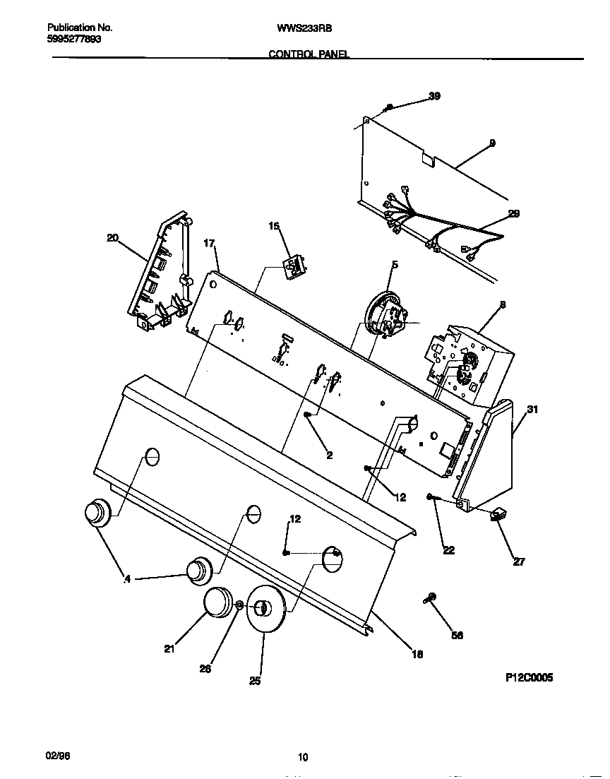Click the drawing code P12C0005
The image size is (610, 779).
(x=529, y=677)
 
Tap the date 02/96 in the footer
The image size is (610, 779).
(x=58, y=756)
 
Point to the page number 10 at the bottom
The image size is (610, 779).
(x=302, y=758)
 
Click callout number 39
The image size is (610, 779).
(x=434, y=96)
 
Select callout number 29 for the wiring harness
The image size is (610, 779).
(x=513, y=214)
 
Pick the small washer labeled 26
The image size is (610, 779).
(x=239, y=606)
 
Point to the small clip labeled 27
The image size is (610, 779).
(x=498, y=517)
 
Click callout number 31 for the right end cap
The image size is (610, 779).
(x=532, y=409)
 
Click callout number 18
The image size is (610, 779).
(x=417, y=655)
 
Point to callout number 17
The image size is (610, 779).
(x=208, y=244)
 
